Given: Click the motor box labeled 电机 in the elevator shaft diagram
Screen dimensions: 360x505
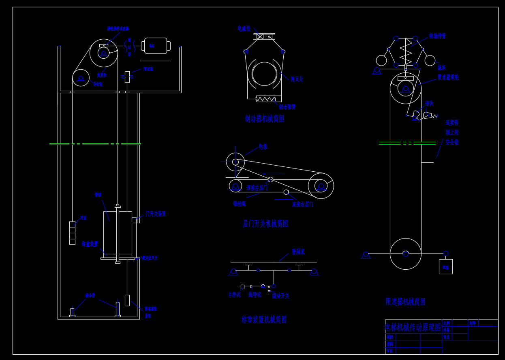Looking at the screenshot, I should (156, 46).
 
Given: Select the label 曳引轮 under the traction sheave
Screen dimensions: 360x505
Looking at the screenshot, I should (102, 75).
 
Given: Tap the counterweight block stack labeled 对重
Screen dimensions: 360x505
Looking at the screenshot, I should (72, 233).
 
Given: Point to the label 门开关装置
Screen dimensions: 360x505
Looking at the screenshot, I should (156, 214).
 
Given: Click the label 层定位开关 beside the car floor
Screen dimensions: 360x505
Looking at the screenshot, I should (150, 258).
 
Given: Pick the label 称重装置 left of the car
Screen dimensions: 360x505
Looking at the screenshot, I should (90, 244).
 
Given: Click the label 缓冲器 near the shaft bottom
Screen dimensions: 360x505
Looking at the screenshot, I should (90, 296).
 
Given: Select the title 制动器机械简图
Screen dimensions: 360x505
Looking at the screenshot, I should (265, 119).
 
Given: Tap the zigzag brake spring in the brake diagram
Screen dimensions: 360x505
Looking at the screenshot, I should (266, 99).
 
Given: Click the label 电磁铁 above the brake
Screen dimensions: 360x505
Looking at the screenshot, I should (244, 29).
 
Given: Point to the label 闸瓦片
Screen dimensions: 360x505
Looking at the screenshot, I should (297, 79).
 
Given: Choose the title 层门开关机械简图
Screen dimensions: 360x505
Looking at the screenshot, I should (265, 224).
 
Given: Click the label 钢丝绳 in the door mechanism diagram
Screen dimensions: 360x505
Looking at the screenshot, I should (239, 204).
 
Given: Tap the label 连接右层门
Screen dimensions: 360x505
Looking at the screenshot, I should (303, 204).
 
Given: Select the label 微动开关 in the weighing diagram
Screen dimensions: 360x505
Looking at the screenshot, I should (280, 296).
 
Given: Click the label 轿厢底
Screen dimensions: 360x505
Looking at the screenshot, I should (298, 252).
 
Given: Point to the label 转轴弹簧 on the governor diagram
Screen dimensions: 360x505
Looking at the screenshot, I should (437, 36).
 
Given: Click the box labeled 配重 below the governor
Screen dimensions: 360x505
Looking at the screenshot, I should (445, 267).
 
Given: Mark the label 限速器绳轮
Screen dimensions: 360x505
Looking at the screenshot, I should (448, 77).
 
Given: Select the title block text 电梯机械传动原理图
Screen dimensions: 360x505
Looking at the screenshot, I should (413, 327).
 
